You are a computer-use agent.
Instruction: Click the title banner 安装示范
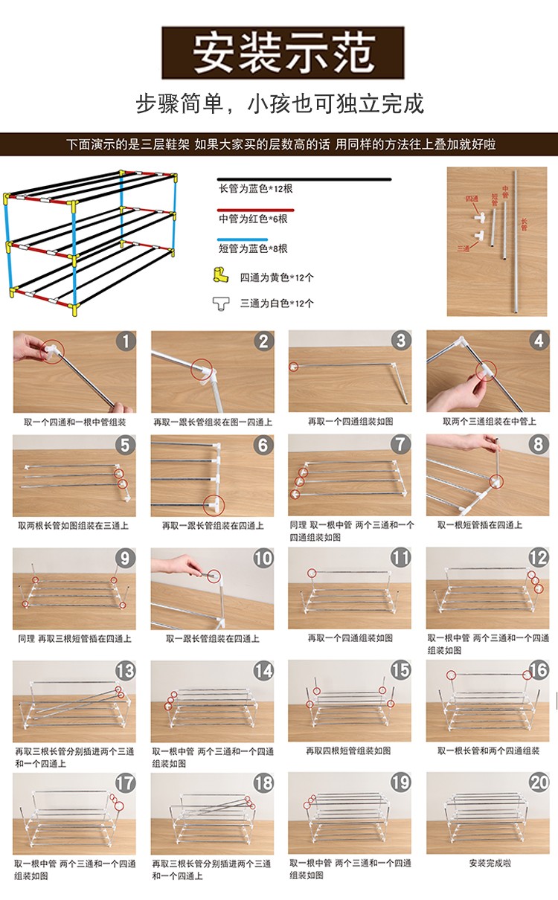pos(283,53)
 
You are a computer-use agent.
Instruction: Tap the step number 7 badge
pos(401,445)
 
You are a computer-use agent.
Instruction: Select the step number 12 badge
pos(538,558)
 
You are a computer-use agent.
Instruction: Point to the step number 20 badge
pos(538,783)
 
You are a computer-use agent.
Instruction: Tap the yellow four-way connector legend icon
pos(222,277)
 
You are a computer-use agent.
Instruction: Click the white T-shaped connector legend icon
pos(222,303)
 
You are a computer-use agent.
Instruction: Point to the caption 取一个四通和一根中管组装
pos(74,422)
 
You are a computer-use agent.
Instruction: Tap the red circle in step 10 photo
pos(214,575)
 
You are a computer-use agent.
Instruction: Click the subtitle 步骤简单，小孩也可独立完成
pos(280,103)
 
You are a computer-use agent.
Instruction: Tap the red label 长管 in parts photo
pos(524,224)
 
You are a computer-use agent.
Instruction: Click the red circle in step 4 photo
pos(487,370)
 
